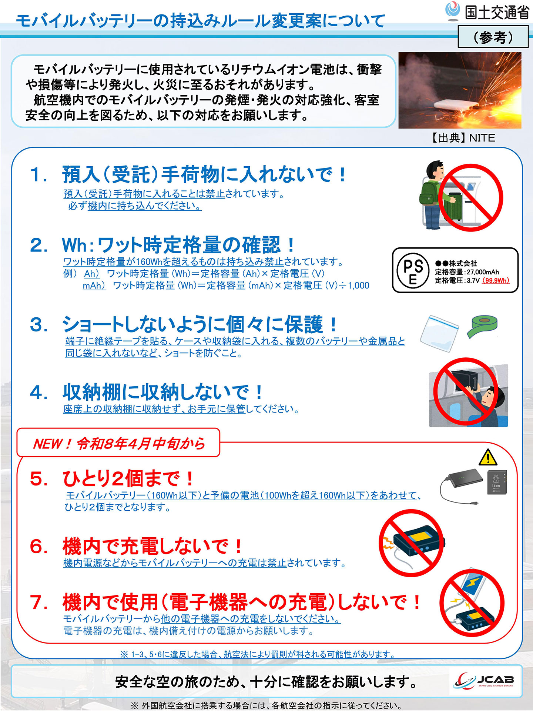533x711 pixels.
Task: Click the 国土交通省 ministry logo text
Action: [x=496, y=13]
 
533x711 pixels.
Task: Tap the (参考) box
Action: [x=493, y=37]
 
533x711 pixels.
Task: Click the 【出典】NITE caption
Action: [x=463, y=138]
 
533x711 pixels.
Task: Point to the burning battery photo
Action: [x=460, y=90]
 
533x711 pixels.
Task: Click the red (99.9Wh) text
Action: [x=496, y=281]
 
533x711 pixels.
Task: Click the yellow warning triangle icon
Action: [x=488, y=458]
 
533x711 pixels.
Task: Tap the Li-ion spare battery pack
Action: [x=496, y=483]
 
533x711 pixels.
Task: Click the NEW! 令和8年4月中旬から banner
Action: [x=118, y=443]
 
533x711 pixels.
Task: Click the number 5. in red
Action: [x=39, y=479]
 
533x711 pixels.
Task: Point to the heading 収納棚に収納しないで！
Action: [x=163, y=392]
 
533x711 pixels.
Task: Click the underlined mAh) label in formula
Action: [x=94, y=286]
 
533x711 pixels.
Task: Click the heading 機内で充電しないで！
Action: [x=152, y=547]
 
